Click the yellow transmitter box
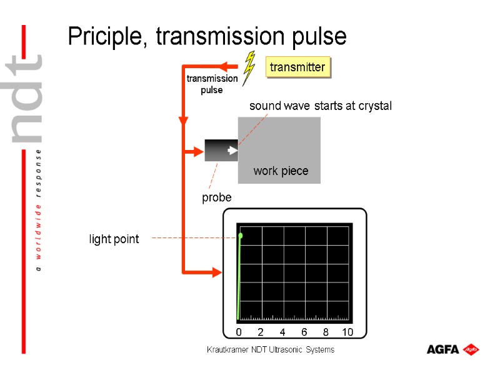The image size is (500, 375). [x=297, y=67]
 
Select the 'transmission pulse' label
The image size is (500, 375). [x=212, y=84]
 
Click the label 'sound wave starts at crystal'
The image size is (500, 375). [x=320, y=106]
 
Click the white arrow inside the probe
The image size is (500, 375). [x=232, y=150]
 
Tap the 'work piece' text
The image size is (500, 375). [x=281, y=171]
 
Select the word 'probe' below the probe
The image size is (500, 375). [x=216, y=197]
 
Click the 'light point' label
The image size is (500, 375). [x=114, y=239]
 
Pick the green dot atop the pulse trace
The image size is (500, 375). [x=241, y=236]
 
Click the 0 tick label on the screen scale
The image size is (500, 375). [x=239, y=332]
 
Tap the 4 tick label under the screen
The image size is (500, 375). [x=282, y=332]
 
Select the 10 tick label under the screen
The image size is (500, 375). [x=347, y=332]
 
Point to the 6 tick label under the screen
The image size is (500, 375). [x=304, y=332]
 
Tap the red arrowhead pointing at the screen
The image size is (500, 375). [x=217, y=272]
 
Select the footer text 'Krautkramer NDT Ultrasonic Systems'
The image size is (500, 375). [x=271, y=350]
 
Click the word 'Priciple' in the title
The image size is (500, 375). [x=107, y=37]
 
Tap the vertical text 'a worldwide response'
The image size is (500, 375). [x=39, y=209]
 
